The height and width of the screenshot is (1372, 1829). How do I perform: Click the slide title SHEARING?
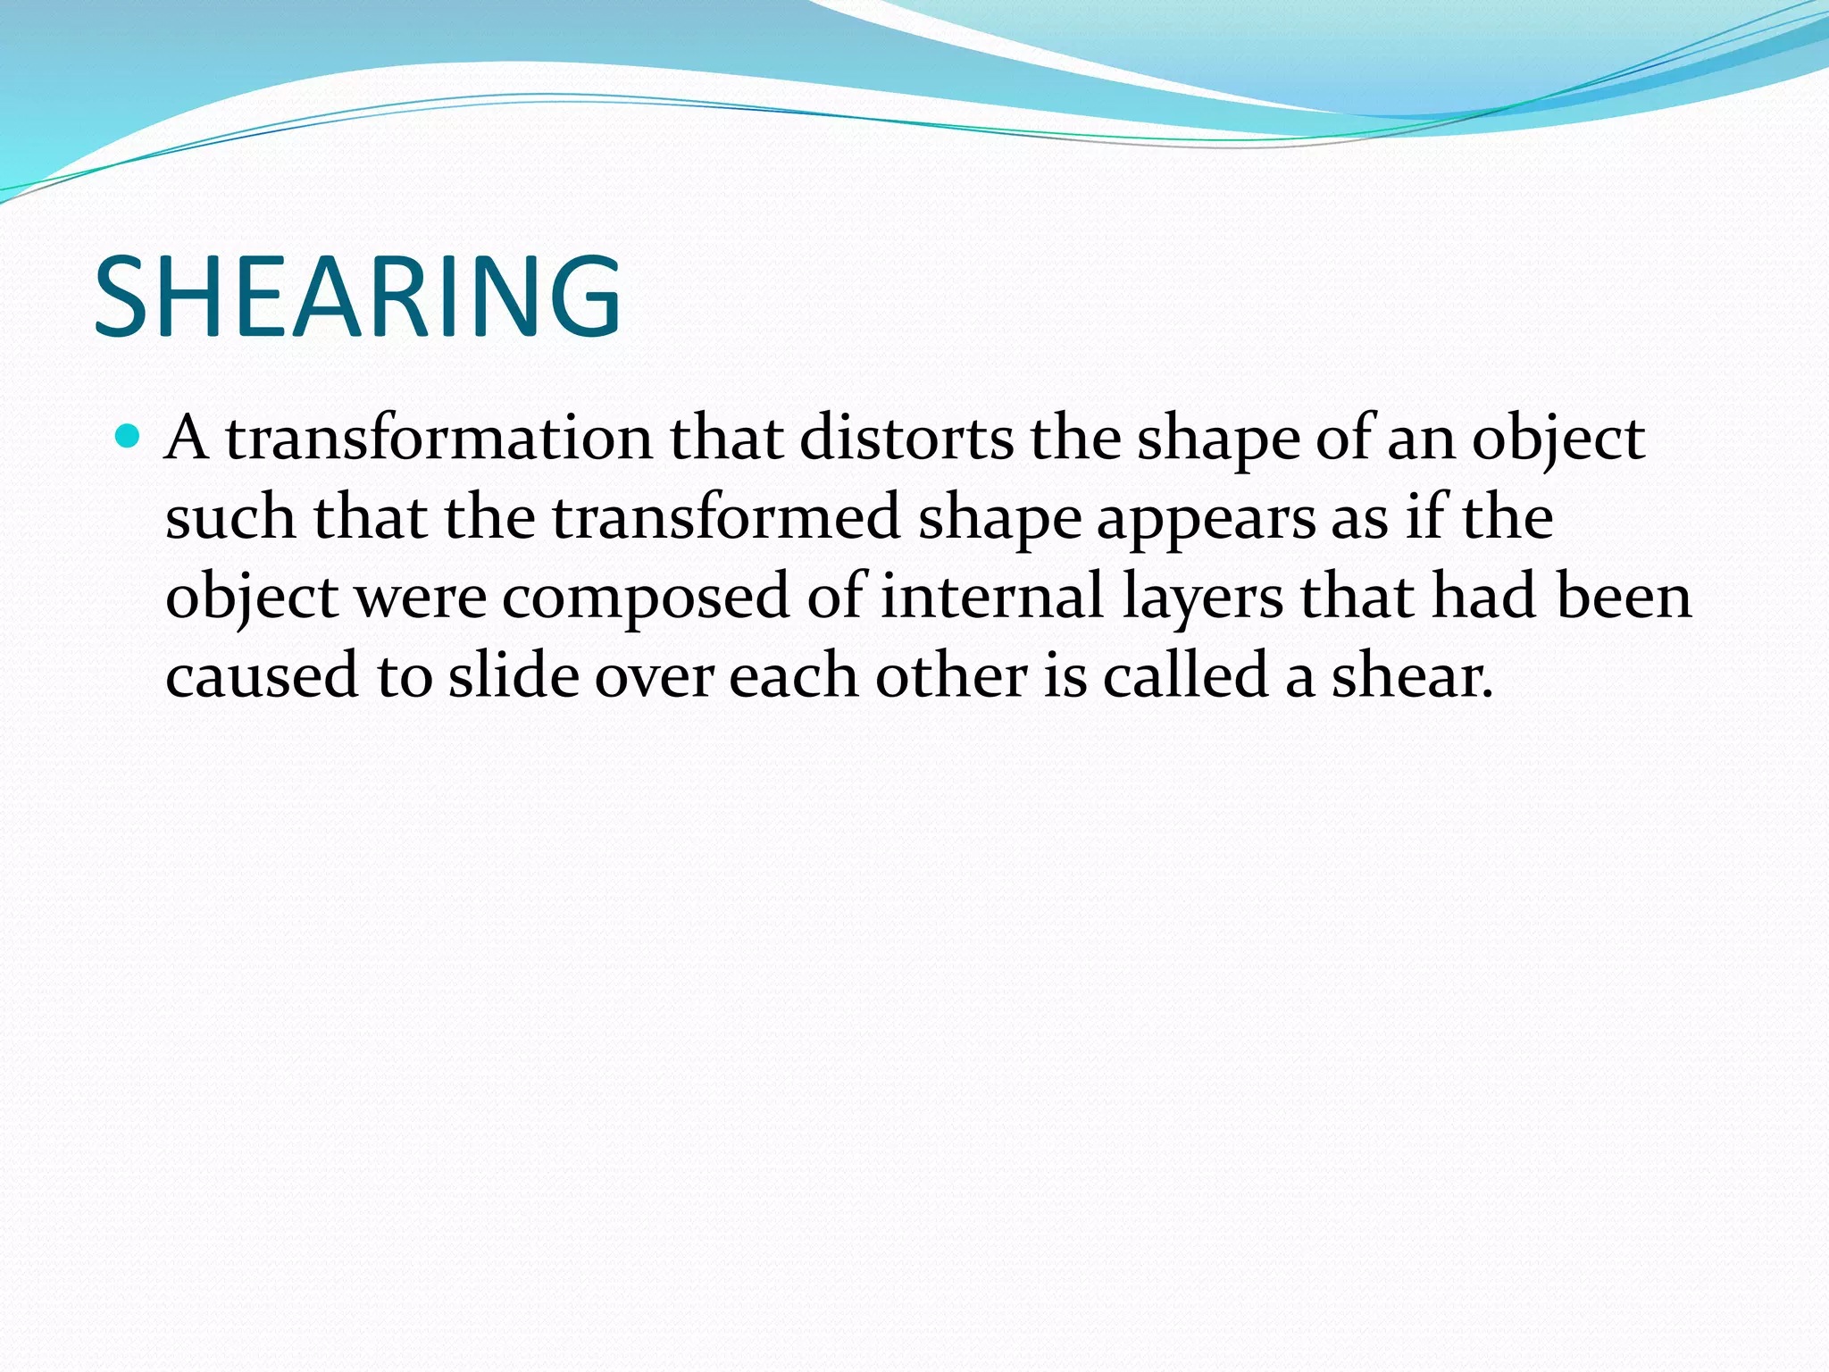pyautogui.click(x=357, y=297)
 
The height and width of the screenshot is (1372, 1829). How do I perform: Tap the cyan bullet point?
pyautogui.click(x=129, y=437)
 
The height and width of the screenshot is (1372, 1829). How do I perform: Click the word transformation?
pyautogui.click(x=438, y=439)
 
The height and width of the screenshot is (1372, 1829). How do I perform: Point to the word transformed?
pyautogui.click(x=725, y=517)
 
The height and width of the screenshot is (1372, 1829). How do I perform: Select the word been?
pyautogui.click(x=1623, y=596)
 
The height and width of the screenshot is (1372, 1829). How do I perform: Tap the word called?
pyautogui.click(x=1185, y=674)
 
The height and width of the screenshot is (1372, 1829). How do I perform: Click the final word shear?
pyautogui.click(x=1411, y=675)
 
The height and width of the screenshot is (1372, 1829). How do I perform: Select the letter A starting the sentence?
pyautogui.click(x=187, y=439)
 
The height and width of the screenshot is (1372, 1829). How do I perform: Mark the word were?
pyautogui.click(x=421, y=597)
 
